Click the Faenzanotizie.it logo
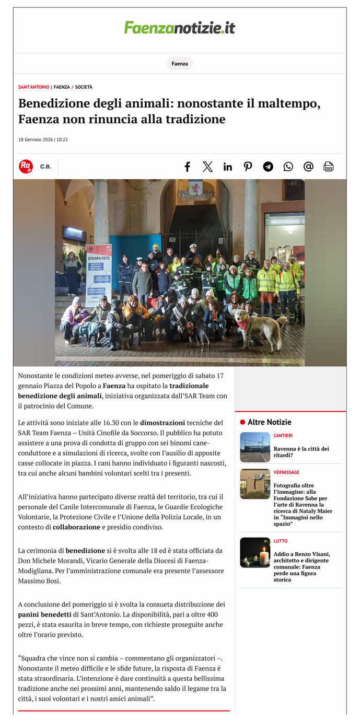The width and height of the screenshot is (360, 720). pos(180,28)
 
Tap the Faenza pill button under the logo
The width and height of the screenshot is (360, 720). pos(180,64)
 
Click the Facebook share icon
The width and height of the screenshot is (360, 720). pos(187,167)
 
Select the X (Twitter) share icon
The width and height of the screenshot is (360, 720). pos(207,167)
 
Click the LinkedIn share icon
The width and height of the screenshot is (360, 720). pos(228,167)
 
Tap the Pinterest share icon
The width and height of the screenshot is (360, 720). pos(248,167)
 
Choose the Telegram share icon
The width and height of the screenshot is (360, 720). pos(268,167)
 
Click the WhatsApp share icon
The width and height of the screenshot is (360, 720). pos(288,167)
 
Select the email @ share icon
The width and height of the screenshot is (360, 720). pos(308,167)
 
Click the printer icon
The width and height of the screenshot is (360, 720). pos(329,167)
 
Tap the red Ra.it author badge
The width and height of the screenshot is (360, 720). pos(26,167)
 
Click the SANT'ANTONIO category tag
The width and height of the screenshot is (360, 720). pos(33,87)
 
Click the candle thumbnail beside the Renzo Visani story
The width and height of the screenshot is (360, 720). pos(255,553)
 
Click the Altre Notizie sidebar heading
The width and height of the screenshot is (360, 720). pos(269,422)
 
